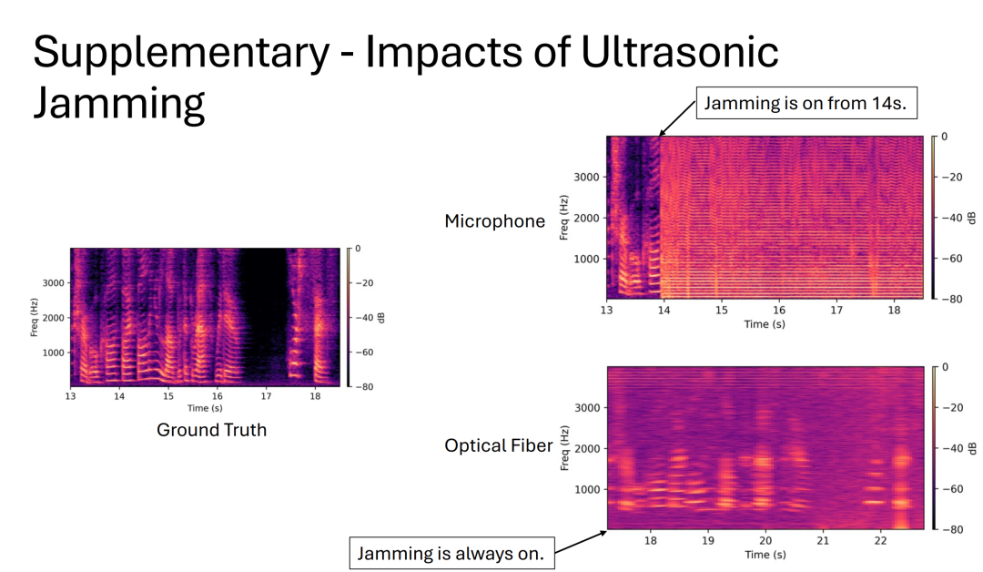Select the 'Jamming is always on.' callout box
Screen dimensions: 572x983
pos(452,553)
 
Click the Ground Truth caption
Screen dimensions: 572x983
pos(212,430)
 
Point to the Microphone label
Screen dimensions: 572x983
pos(495,220)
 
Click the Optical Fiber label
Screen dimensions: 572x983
pos(499,445)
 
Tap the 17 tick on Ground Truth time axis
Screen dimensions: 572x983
pos(266,397)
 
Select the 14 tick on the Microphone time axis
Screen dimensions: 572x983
pos(664,310)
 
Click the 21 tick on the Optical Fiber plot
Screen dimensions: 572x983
pos(823,540)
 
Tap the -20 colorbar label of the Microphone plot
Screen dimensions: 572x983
pos(952,177)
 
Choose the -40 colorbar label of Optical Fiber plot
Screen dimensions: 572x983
pos(952,448)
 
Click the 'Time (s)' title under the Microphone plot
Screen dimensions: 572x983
pos(765,324)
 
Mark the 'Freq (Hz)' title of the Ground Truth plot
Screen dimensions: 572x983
pos(34,317)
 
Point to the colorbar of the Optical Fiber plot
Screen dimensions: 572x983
pos(933,448)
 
